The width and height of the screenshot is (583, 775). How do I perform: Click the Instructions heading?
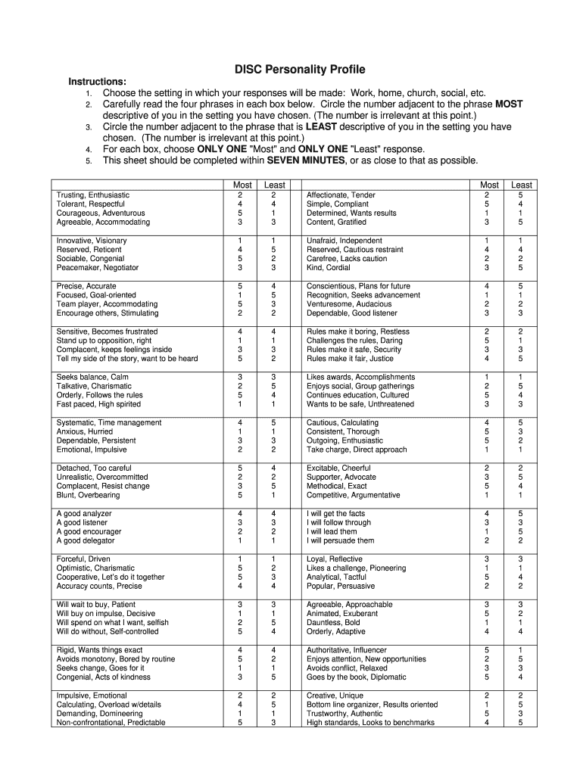pyautogui.click(x=98, y=82)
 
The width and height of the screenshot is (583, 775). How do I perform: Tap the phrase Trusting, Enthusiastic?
pyautogui.click(x=93, y=195)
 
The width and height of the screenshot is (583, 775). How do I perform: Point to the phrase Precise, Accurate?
pyautogui.click(x=86, y=286)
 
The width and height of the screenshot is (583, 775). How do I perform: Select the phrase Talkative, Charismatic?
pyautogui.click(x=94, y=386)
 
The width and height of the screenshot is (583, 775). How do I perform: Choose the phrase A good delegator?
pyautogui.click(x=86, y=540)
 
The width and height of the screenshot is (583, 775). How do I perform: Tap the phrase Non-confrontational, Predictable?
pyautogui.click(x=111, y=722)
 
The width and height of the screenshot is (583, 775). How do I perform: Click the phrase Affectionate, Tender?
pyautogui.click(x=341, y=195)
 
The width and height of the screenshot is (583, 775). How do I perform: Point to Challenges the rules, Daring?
pyautogui.click(x=354, y=341)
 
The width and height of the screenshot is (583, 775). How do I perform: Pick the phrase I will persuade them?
pyautogui.click(x=340, y=540)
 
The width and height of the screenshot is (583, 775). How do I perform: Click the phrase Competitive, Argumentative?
pyautogui.click(x=353, y=495)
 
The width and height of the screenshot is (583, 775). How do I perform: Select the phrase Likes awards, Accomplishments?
pyautogui.click(x=360, y=377)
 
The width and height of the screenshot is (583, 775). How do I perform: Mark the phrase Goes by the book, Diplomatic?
pyautogui.click(x=356, y=677)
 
